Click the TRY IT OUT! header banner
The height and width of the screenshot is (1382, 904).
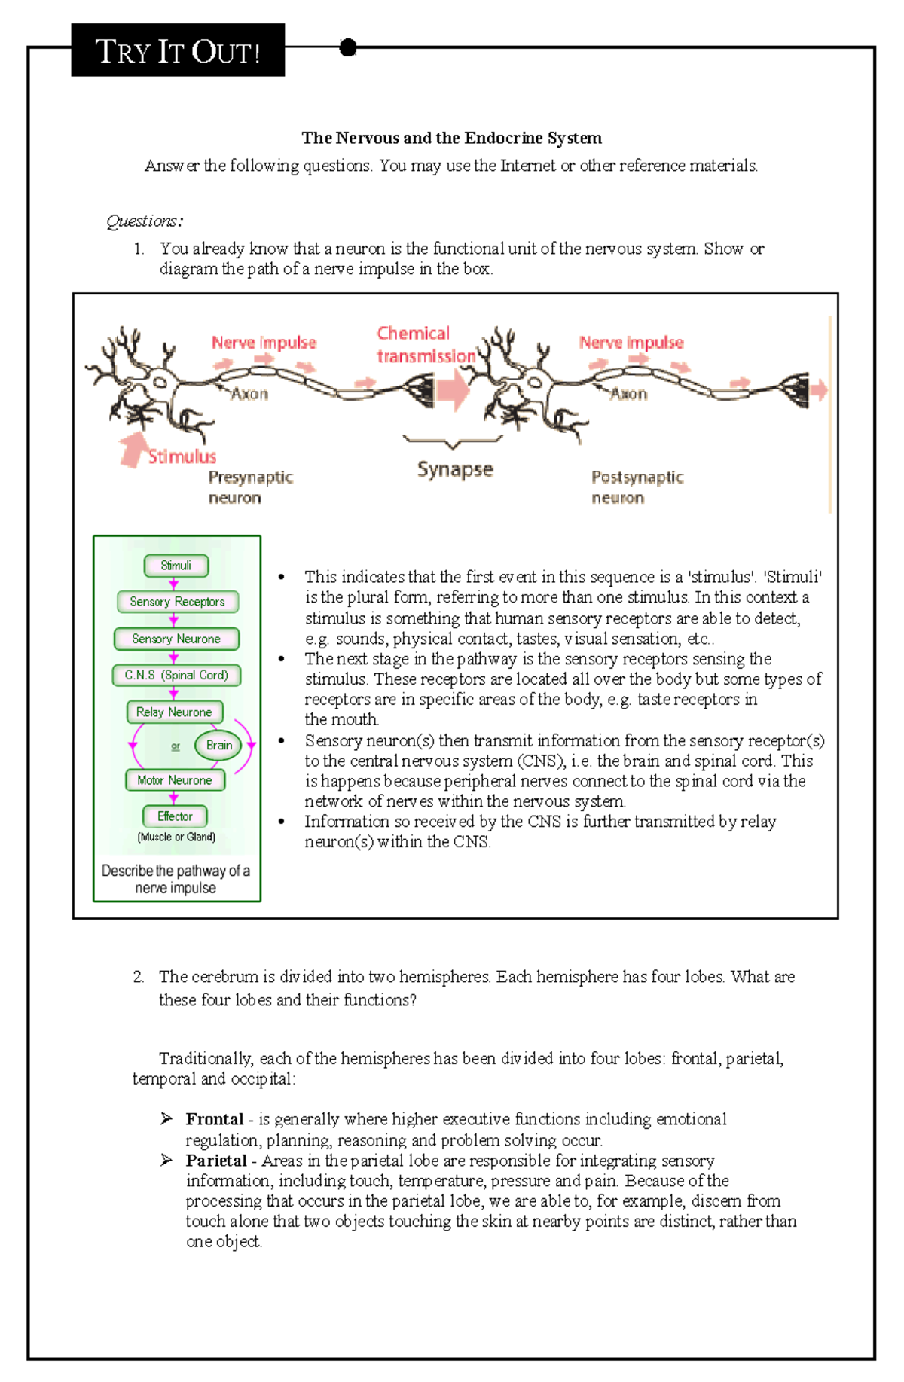[178, 50]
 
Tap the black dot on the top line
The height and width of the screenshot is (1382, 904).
[347, 48]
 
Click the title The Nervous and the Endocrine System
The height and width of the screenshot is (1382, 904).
[451, 138]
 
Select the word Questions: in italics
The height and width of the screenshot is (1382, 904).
[144, 221]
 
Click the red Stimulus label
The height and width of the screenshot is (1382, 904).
[182, 456]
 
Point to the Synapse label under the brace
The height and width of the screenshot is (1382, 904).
[455, 469]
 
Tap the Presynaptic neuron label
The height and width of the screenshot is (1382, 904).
[249, 487]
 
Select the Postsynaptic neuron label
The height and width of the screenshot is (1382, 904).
[637, 487]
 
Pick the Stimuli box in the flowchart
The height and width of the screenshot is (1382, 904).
[176, 566]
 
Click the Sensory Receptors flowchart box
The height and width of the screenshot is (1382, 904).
[177, 602]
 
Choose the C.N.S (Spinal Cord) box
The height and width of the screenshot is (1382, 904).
[176, 675]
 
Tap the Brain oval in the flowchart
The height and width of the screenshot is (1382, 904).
[218, 745]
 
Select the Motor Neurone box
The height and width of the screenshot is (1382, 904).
[175, 780]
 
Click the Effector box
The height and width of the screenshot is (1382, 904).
[175, 816]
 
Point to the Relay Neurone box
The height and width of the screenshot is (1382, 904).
[174, 712]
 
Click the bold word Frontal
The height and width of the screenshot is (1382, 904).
[215, 1119]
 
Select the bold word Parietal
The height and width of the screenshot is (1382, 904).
[216, 1161]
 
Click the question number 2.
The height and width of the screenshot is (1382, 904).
[138, 977]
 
